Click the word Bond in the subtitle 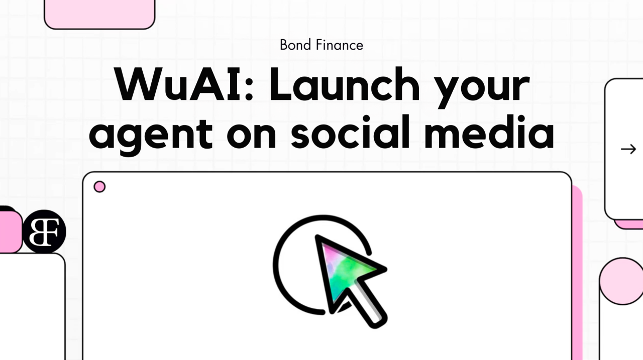(296, 45)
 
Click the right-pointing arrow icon (628, 149)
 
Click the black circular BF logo (44, 231)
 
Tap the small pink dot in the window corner (99, 187)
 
